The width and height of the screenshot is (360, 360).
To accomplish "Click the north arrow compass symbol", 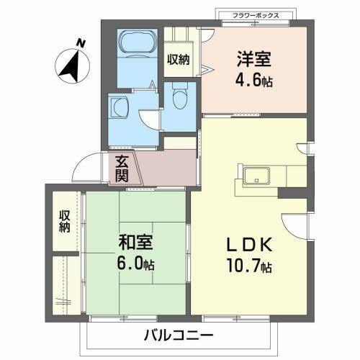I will click(70, 65).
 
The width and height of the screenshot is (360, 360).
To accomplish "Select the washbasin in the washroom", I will click(118, 107).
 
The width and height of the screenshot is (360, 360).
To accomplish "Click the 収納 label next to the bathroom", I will click(178, 60).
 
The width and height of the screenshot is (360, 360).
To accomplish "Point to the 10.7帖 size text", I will click(250, 267).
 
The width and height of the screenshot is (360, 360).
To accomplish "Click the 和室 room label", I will click(135, 244).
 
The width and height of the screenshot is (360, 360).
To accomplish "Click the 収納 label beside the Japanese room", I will click(65, 222).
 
